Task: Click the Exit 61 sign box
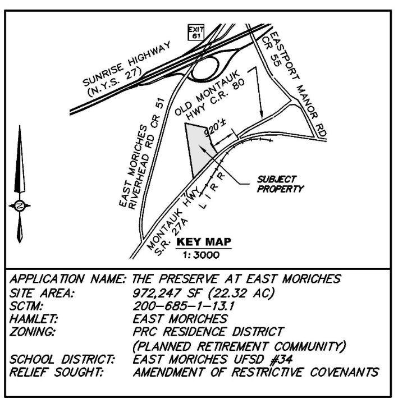point(196,33)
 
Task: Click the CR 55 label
point(271,52)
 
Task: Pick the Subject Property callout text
point(280,184)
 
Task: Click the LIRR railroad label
point(212,190)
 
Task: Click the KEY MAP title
point(204,242)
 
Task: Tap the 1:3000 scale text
point(201,255)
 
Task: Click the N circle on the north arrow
point(20,205)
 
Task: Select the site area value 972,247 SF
point(167,293)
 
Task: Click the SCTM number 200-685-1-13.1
point(184,306)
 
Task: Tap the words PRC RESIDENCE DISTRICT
point(208,332)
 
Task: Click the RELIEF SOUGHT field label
point(56,372)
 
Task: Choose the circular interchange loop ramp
point(204,57)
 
